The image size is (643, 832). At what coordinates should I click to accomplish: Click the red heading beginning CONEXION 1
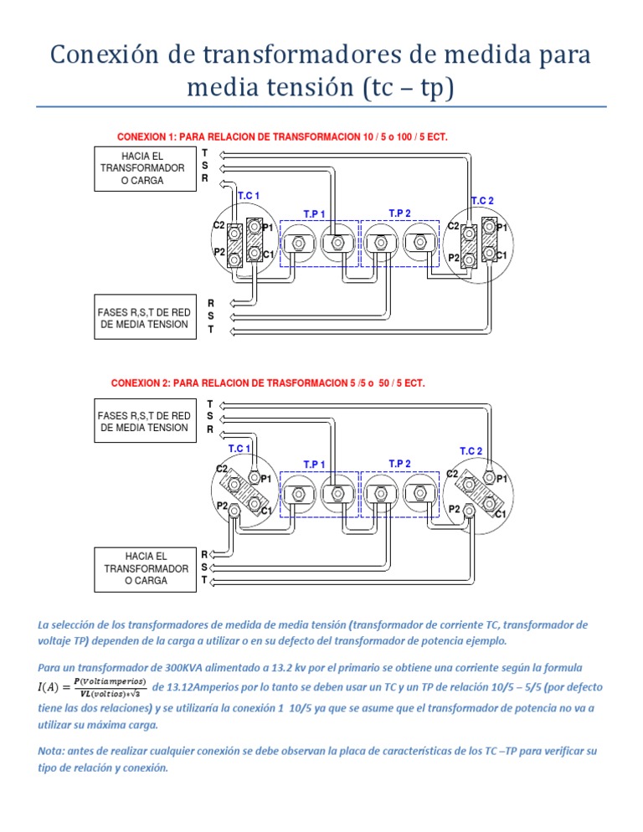click(282, 136)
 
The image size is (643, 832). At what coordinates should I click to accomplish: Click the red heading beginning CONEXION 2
click(268, 383)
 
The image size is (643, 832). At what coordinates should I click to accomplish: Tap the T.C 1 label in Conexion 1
click(249, 196)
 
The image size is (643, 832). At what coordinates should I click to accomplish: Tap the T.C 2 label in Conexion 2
click(471, 451)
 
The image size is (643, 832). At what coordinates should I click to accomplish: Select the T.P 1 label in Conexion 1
click(315, 213)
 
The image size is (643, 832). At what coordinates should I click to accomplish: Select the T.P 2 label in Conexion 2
click(400, 463)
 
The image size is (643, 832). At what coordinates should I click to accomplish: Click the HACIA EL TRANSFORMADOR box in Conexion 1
click(142, 168)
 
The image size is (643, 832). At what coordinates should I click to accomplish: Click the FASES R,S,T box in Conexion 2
click(143, 422)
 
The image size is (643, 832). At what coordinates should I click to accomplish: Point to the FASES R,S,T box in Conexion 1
click(143, 318)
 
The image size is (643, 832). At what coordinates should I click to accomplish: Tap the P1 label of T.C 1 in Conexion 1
click(267, 228)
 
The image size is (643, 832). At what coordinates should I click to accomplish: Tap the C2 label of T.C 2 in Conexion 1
click(453, 226)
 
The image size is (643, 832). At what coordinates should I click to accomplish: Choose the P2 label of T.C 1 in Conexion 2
click(222, 506)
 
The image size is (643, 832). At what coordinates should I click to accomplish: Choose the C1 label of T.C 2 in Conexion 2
click(500, 514)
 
